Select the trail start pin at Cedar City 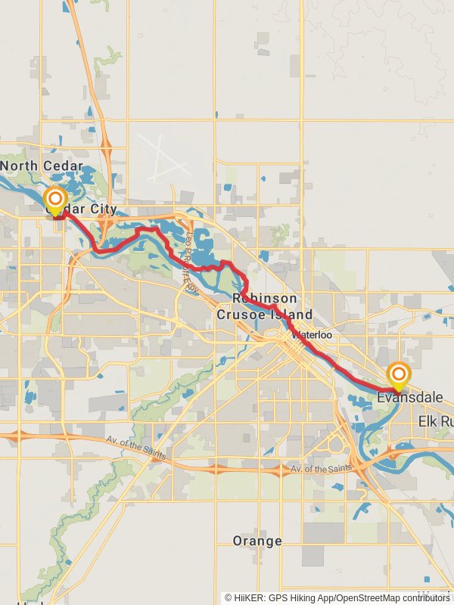55,201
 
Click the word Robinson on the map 264,299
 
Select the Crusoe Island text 264,314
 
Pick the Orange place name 257,541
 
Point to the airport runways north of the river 163,155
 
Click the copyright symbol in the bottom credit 228,597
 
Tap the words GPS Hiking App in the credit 298,597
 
